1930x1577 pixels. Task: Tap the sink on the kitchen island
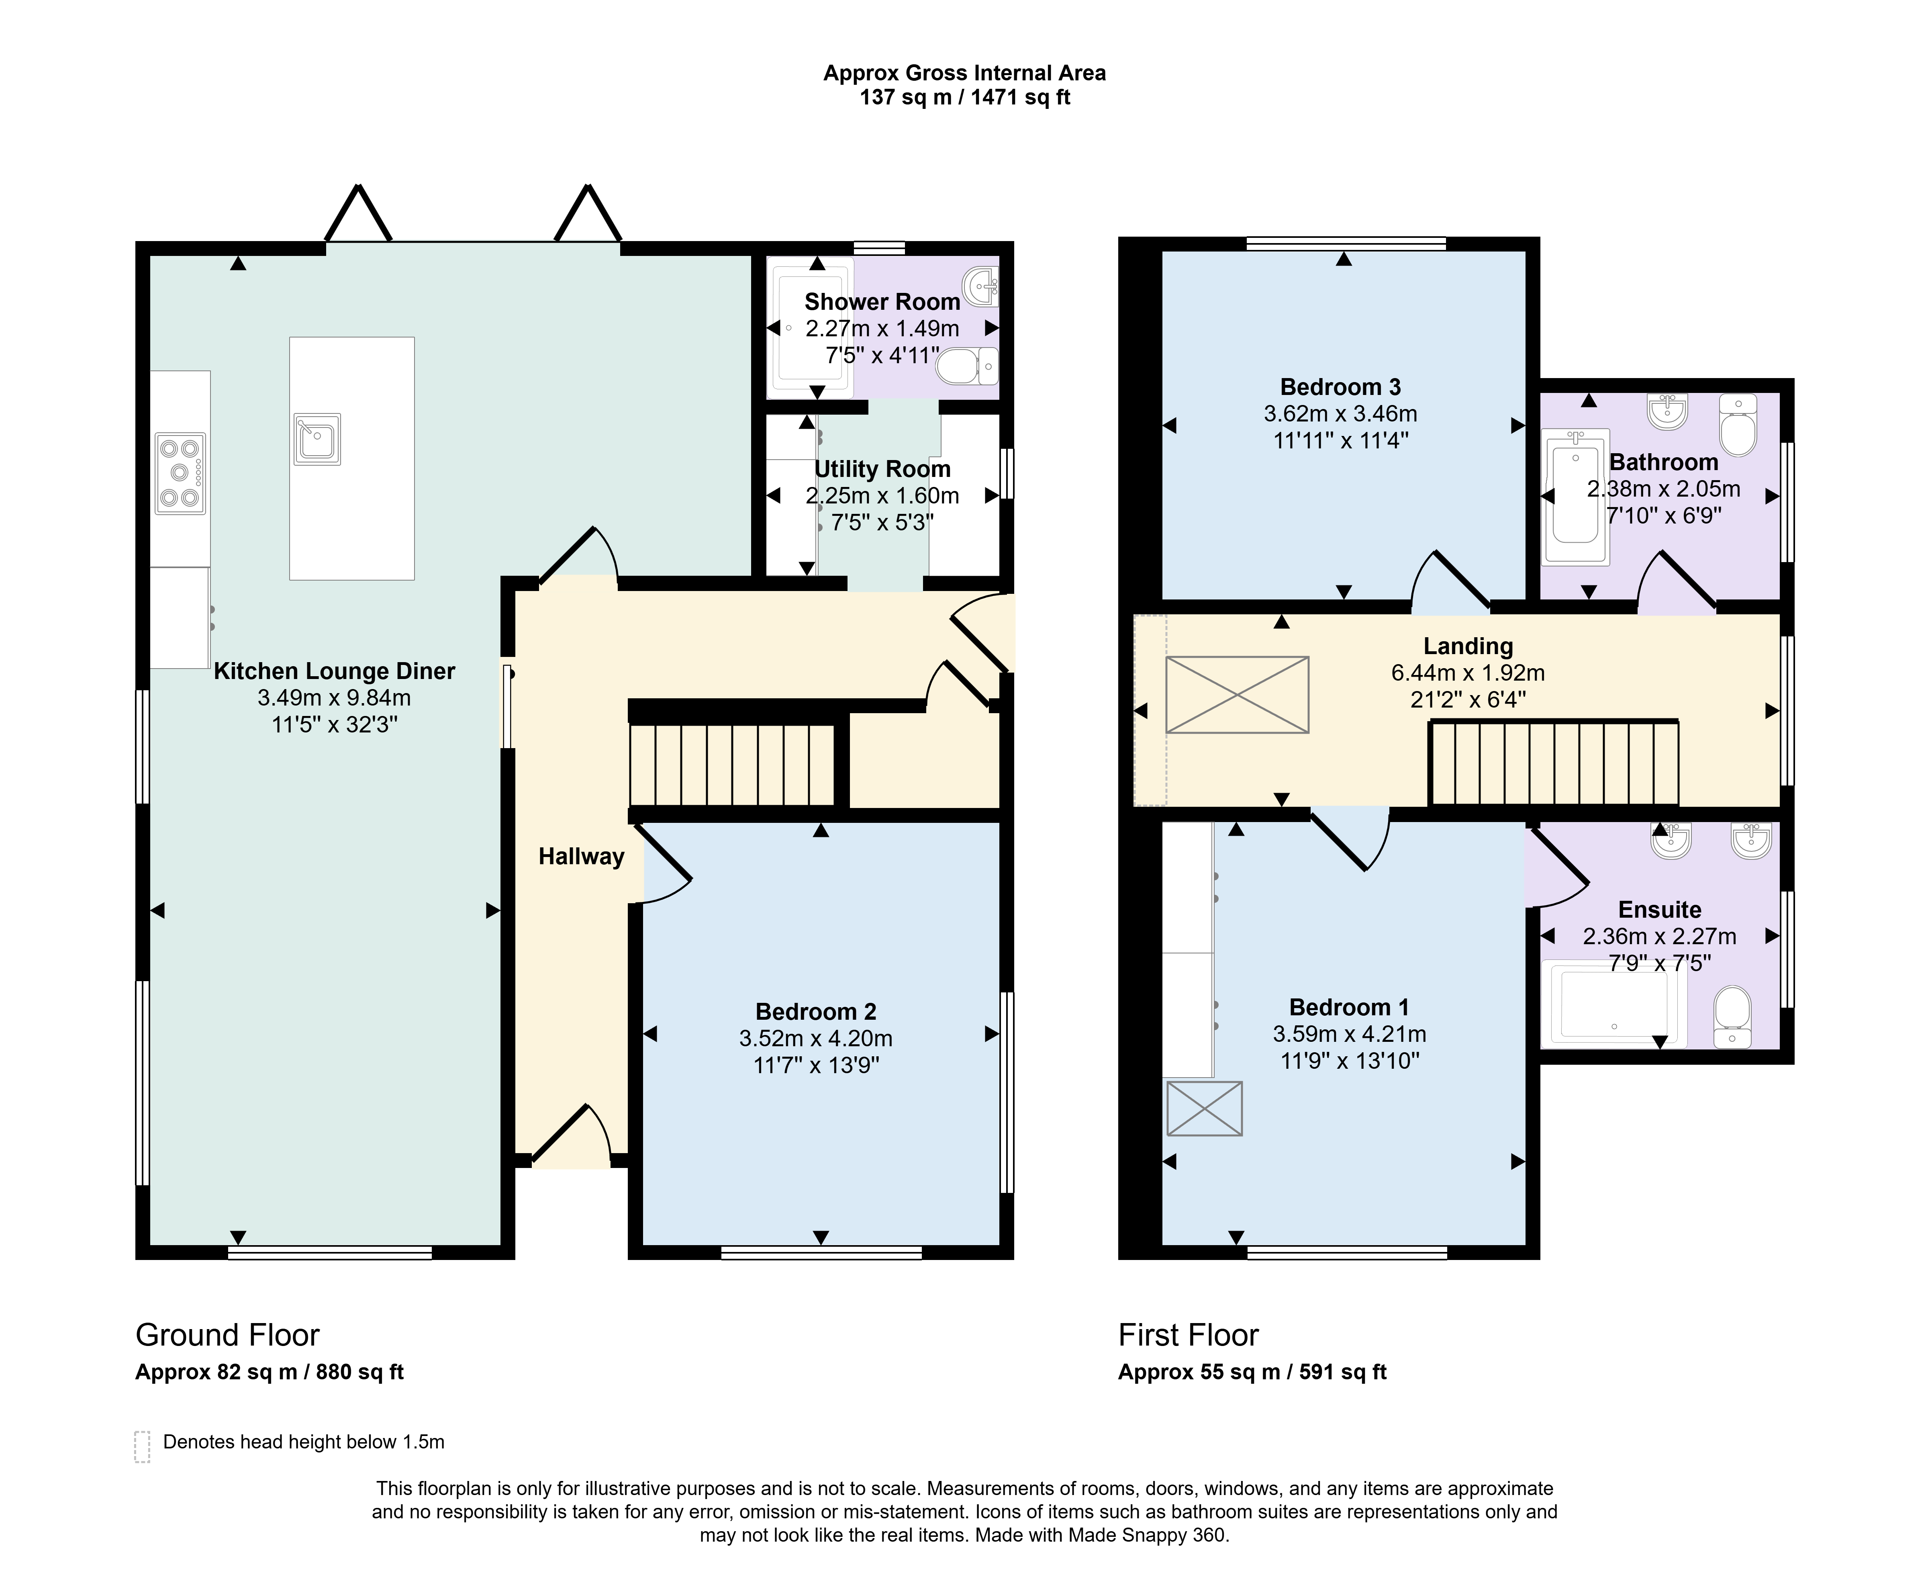[317, 440]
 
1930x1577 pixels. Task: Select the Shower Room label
[882, 302]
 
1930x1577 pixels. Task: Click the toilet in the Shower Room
[967, 366]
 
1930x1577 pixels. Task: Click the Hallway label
[581, 857]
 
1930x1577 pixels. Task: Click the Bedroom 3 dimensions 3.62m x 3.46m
[1340, 414]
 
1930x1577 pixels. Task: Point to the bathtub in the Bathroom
[1576, 497]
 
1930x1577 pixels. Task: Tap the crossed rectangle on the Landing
[1237, 695]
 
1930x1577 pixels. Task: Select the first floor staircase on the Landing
[1554, 763]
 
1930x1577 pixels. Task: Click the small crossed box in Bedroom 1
[1204, 1108]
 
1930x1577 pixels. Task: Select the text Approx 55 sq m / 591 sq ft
[1252, 1372]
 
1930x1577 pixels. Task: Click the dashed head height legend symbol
[143, 1447]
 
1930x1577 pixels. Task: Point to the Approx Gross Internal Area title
[964, 74]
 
